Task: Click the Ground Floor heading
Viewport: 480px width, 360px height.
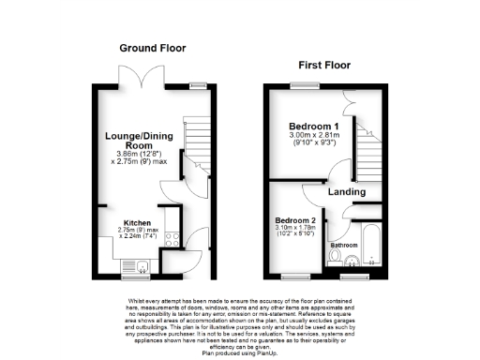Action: pos(152,48)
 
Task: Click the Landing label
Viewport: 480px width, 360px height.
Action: pos(347,192)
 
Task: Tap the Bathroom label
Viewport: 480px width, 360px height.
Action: pos(342,246)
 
